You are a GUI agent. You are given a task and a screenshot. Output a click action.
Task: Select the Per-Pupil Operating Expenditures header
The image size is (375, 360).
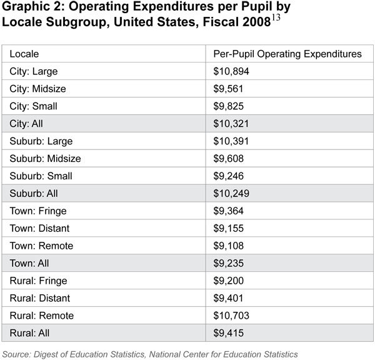[x=287, y=54]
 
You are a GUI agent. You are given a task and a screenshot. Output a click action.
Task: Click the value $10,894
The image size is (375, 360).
[x=232, y=72]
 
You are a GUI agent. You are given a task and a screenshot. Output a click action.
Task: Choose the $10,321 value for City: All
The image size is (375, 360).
[x=232, y=124]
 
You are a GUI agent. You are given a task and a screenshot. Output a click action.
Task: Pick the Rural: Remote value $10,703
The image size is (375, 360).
[x=232, y=316]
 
